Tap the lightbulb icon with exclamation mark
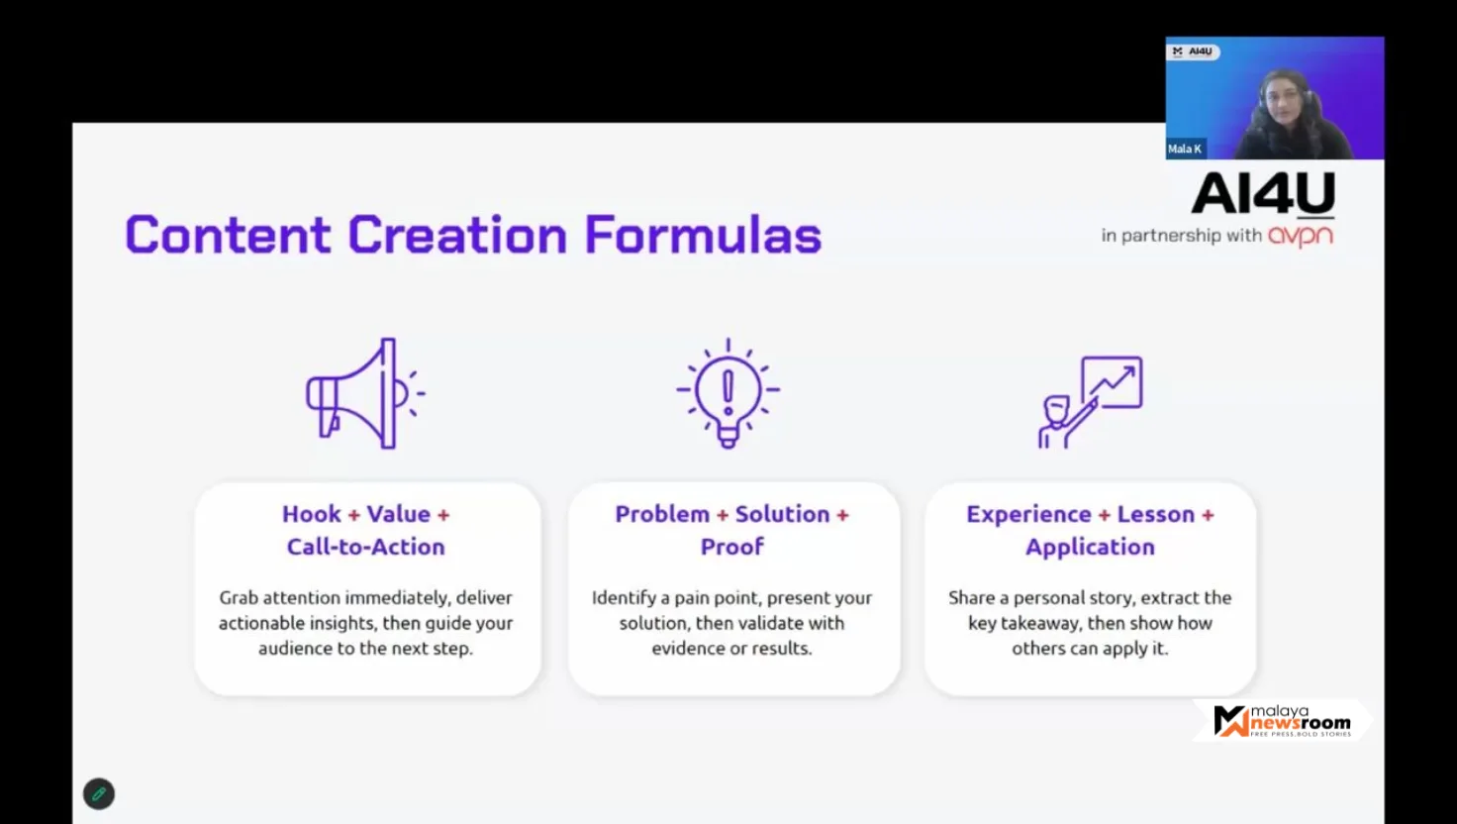tap(728, 393)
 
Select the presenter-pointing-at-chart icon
tap(1090, 401)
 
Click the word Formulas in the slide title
tap(703, 235)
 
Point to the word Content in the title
tap(228, 235)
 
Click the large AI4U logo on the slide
tap(1263, 193)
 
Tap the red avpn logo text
tap(1301, 236)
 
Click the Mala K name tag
tap(1185, 149)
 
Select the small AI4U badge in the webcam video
tap(1194, 51)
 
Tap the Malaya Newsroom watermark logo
tap(1282, 721)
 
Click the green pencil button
tap(99, 794)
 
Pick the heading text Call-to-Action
tap(366, 547)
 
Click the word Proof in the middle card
tap(731, 547)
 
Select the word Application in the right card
tap(1090, 548)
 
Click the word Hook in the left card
tap(312, 514)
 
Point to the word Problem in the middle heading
tap(662, 514)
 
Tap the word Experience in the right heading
tap(1028, 515)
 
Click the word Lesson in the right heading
tap(1156, 514)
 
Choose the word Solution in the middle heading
tap(783, 514)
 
